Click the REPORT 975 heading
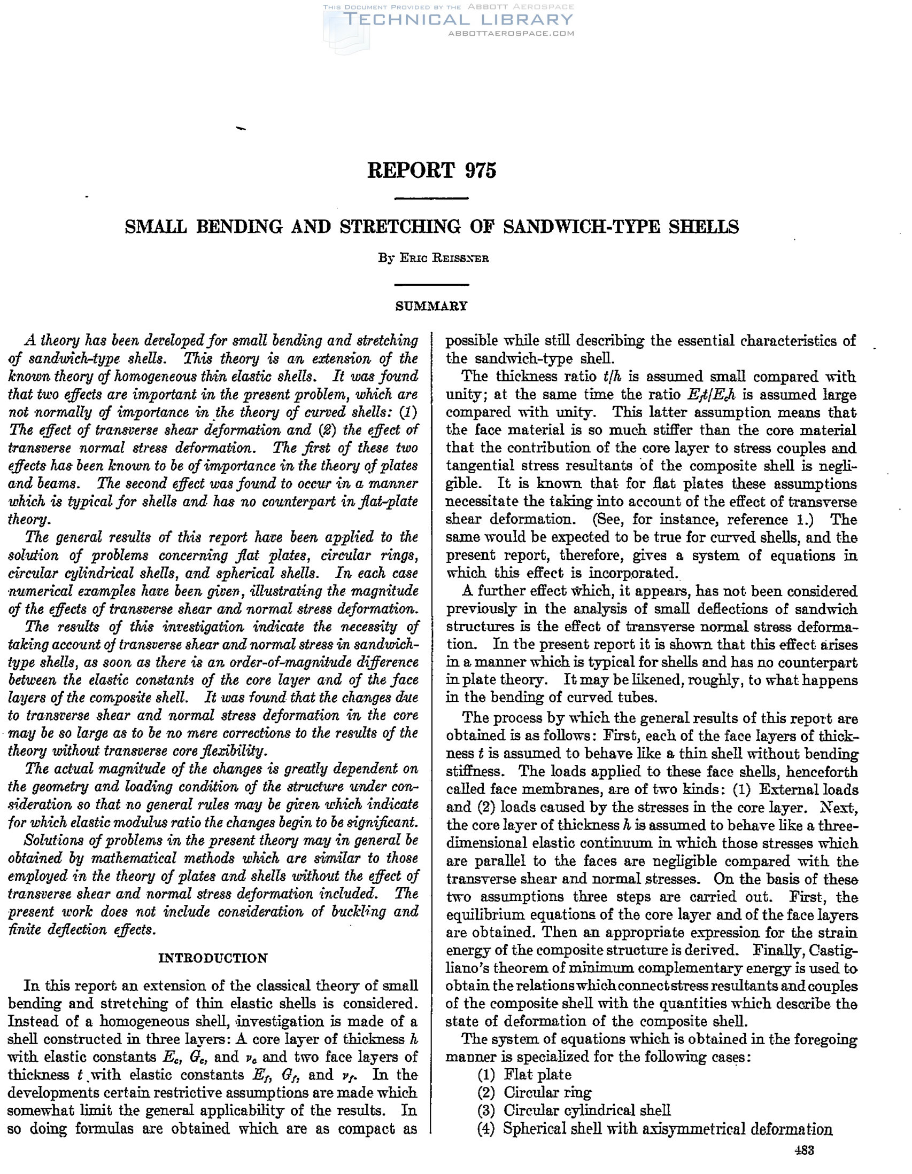coord(431,170)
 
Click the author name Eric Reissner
coord(432,258)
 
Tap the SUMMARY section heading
coord(431,306)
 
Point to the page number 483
coord(805,1150)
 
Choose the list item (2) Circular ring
coord(534,1092)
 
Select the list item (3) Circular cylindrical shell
coord(574,1109)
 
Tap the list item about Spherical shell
coord(654,1128)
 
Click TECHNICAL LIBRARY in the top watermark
coord(458,20)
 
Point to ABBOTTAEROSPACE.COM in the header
coord(511,33)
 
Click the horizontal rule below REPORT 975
coord(431,199)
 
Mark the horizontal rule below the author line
coord(431,284)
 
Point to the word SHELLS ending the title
coord(704,227)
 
